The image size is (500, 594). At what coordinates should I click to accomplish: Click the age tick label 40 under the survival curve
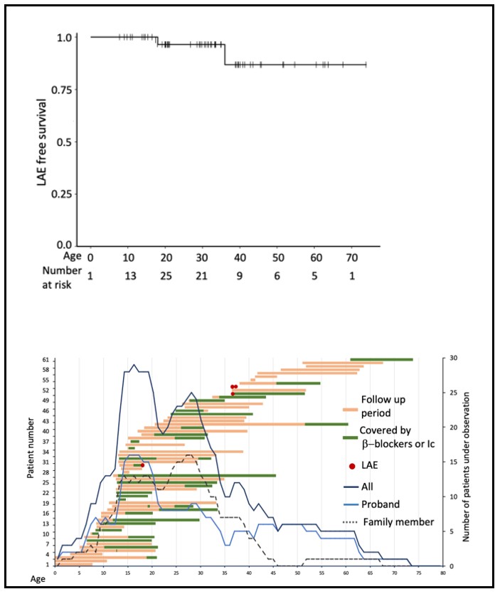[240, 256]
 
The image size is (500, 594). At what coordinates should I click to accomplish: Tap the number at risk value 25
[166, 270]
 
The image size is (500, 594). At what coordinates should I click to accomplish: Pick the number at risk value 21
[203, 270]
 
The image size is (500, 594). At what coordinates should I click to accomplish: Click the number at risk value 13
[128, 270]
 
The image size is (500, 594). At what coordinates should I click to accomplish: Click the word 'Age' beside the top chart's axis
[52, 256]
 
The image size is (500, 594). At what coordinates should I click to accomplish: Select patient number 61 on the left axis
[45, 360]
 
